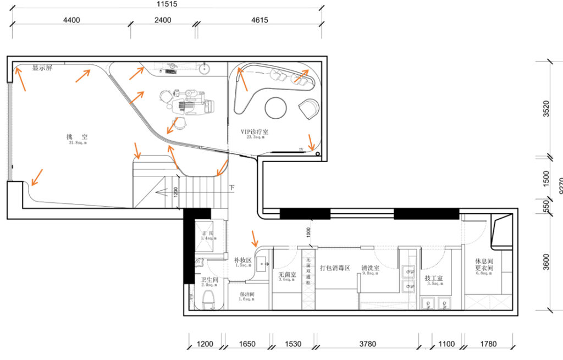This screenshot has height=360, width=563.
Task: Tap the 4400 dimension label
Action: [x=71, y=20]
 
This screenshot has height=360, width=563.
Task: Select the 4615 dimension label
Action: [x=256, y=20]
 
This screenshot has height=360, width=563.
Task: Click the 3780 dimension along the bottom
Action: [x=367, y=345]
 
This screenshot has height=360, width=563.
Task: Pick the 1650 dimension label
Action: [x=247, y=345]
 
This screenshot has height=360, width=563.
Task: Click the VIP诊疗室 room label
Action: [x=254, y=132]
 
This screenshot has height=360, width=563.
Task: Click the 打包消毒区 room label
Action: [x=335, y=268]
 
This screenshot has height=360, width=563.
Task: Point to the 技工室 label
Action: [x=434, y=279]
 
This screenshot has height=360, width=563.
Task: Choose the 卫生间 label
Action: [x=209, y=280]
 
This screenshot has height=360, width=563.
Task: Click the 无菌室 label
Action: [x=287, y=274]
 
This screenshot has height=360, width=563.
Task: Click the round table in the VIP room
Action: [x=277, y=108]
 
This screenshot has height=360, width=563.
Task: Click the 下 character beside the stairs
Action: [x=231, y=187]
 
